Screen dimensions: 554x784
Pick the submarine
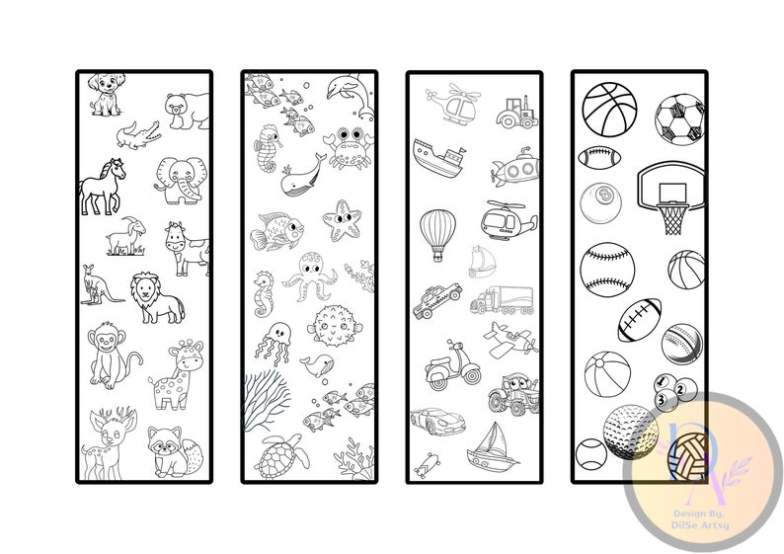(512, 171)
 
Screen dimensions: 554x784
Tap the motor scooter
(450, 364)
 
